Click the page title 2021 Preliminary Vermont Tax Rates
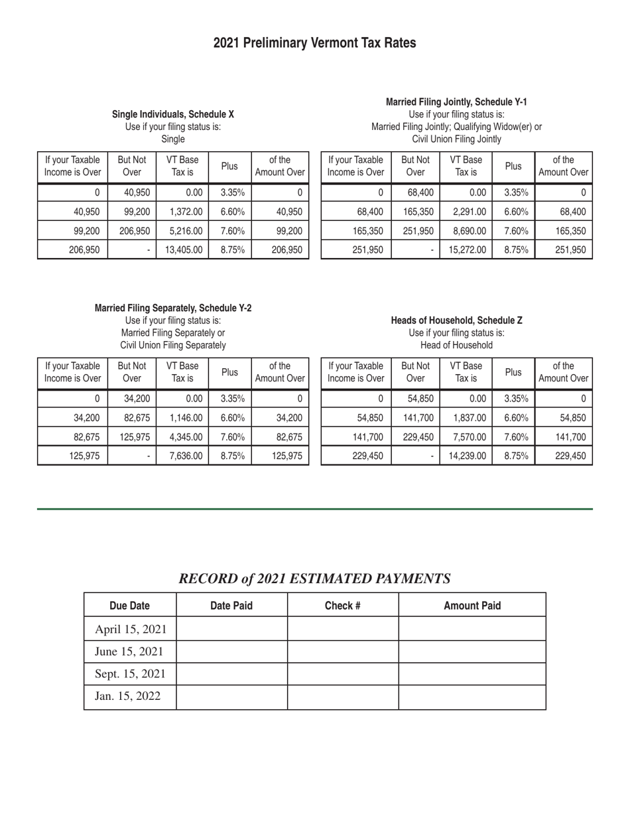pyautogui.click(x=314, y=43)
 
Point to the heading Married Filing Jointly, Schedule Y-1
pyautogui.click(x=456, y=102)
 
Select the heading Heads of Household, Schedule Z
pyautogui.click(x=456, y=320)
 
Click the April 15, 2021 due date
pyautogui.click(x=131, y=629)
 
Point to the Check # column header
pyautogui.click(x=342, y=606)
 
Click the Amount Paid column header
pyautogui.click(x=472, y=606)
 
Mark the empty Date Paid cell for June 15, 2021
pyautogui.click(x=231, y=651)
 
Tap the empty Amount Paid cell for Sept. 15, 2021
pyautogui.click(x=472, y=674)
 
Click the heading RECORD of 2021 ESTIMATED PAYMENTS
pyautogui.click(x=314, y=578)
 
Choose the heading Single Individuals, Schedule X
pyautogui.click(x=172, y=115)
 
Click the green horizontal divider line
pyautogui.click(x=314, y=509)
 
